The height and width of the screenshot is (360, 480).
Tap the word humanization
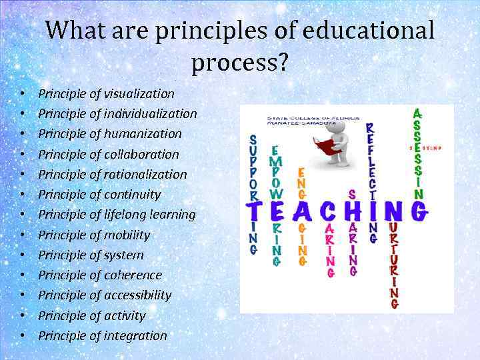142,134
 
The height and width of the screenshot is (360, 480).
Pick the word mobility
127,235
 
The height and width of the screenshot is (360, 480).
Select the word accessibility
137,295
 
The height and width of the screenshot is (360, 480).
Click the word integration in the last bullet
135,335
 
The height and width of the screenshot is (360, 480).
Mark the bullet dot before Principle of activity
23,316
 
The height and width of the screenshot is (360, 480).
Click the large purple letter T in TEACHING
253,213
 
